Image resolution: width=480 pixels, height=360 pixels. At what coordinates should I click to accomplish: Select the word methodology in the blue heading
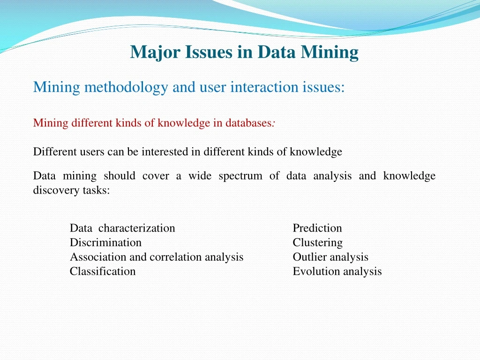126,87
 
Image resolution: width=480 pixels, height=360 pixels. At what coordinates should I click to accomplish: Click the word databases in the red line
248,123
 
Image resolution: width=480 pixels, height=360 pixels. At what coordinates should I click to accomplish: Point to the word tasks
97,191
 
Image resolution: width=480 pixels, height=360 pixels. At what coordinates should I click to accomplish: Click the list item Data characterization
122,228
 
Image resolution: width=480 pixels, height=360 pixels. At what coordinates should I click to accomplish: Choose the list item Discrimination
105,243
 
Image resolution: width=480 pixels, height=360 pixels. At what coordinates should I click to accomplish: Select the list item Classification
103,271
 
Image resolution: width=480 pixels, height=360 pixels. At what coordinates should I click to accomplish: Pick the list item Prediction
317,228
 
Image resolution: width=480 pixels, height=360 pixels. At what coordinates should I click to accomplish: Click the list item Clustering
317,243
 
